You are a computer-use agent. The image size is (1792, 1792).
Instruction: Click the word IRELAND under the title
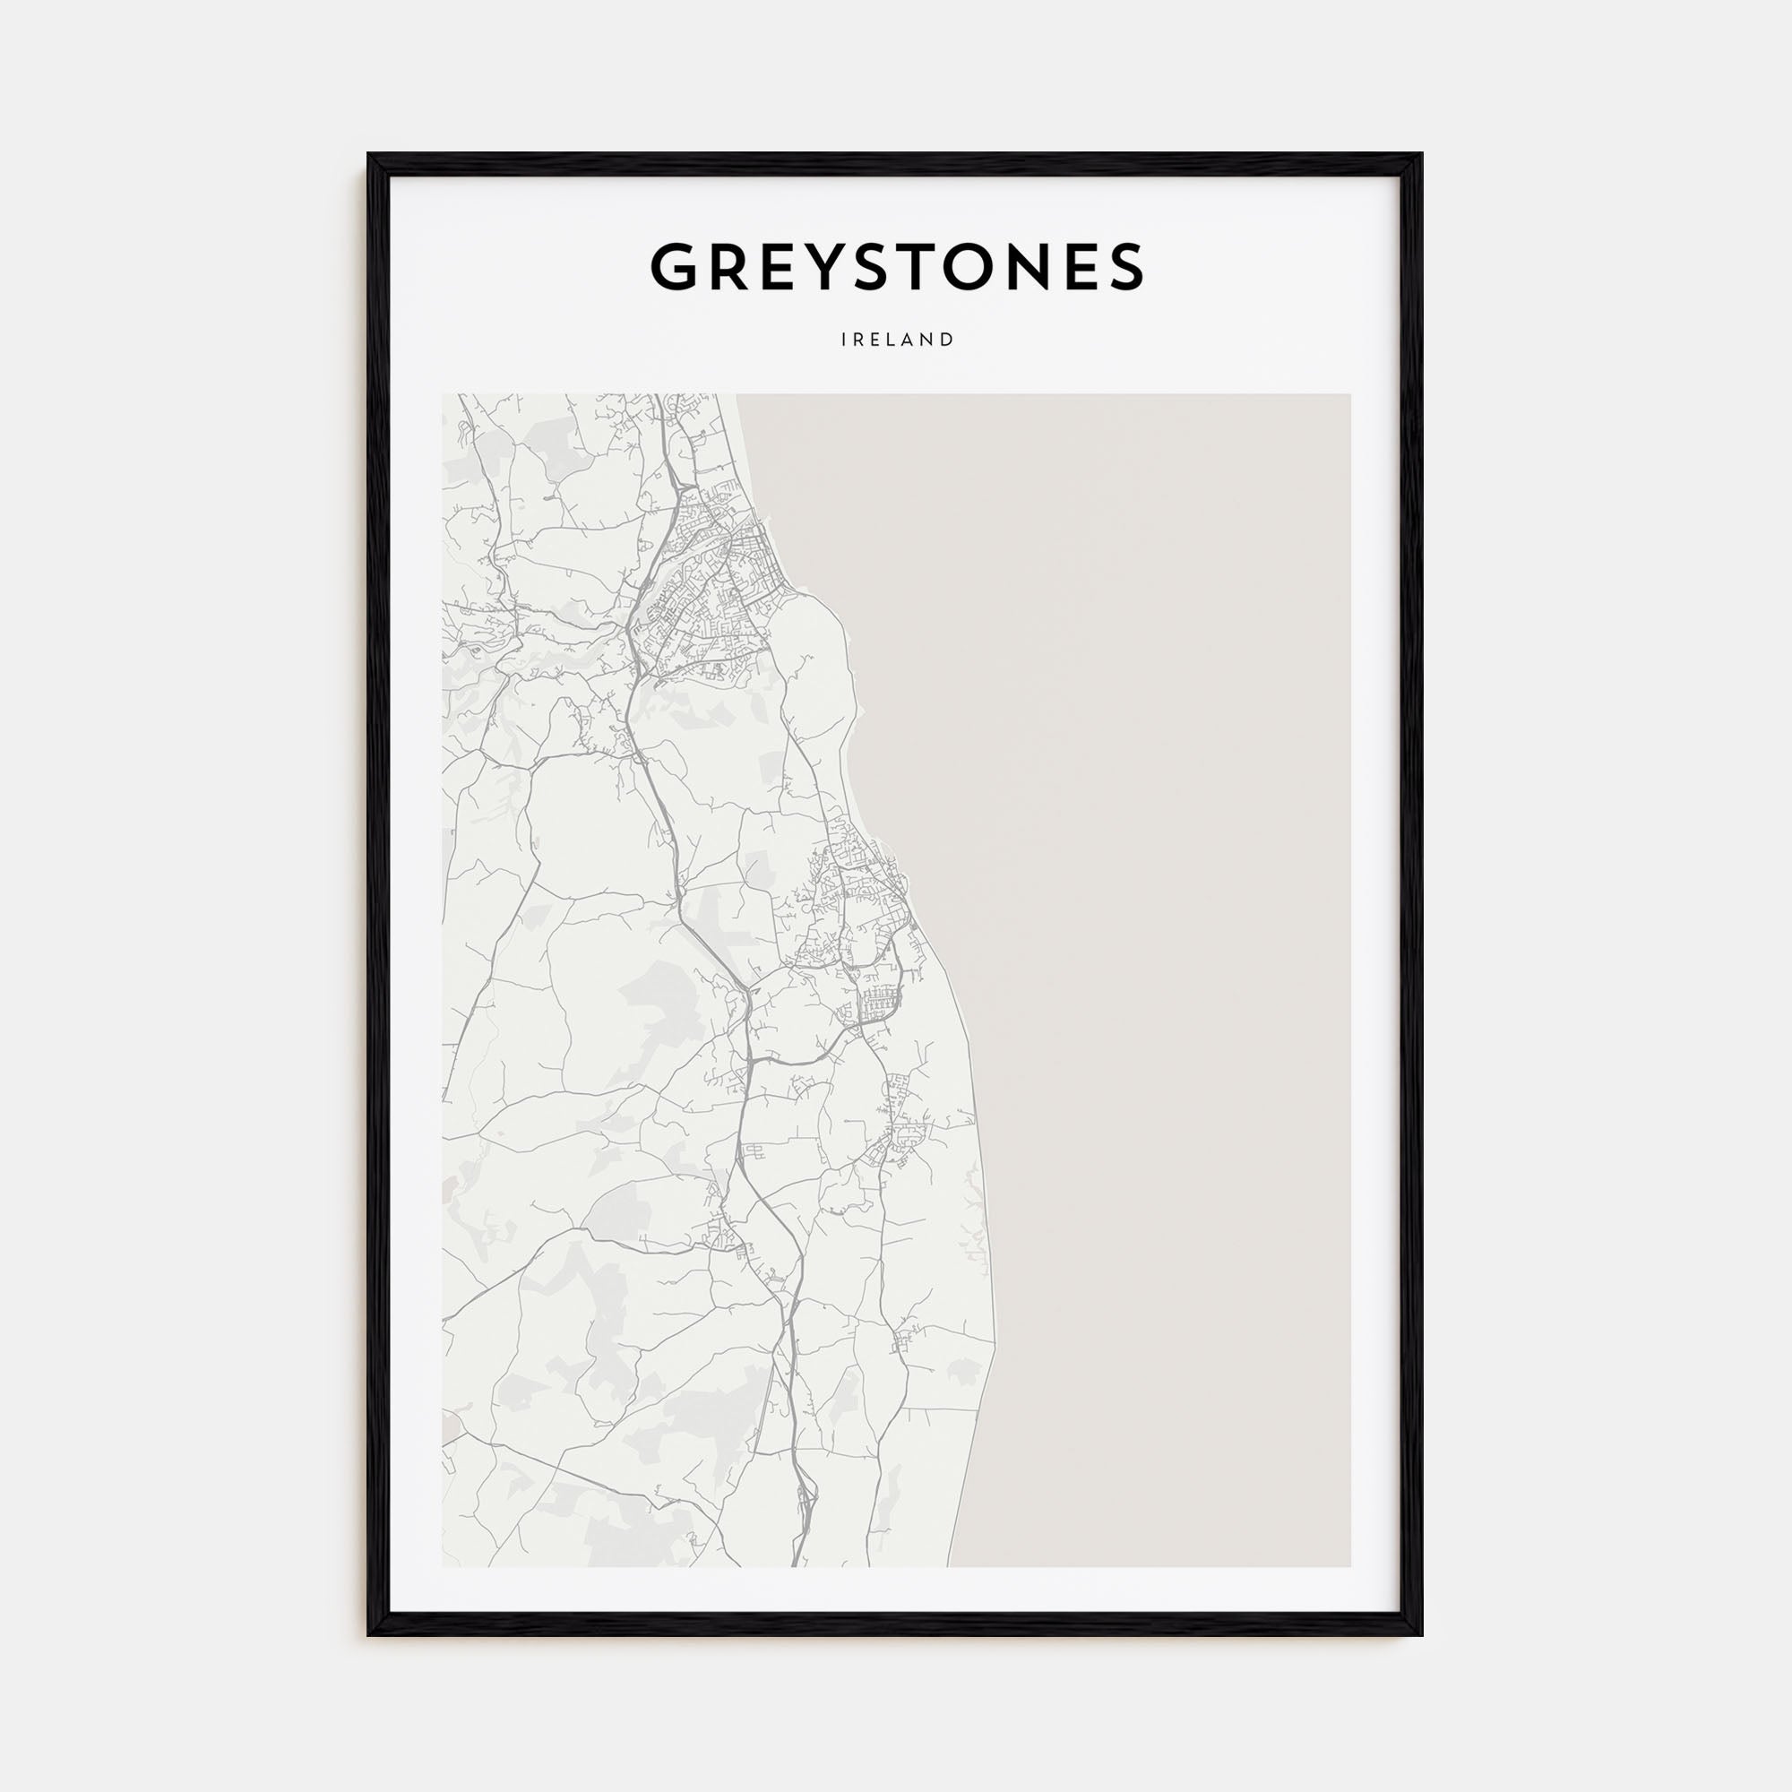897,340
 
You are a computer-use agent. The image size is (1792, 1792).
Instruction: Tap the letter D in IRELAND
948,340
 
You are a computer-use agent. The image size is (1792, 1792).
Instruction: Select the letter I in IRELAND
843,340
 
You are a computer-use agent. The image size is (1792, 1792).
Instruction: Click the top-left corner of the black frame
369,155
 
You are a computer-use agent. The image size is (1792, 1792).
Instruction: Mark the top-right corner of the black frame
1421,155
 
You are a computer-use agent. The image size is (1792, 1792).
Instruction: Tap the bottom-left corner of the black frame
369,1634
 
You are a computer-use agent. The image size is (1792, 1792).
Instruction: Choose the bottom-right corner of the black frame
1421,1634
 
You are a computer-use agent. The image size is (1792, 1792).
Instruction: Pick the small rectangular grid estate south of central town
874,1003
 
